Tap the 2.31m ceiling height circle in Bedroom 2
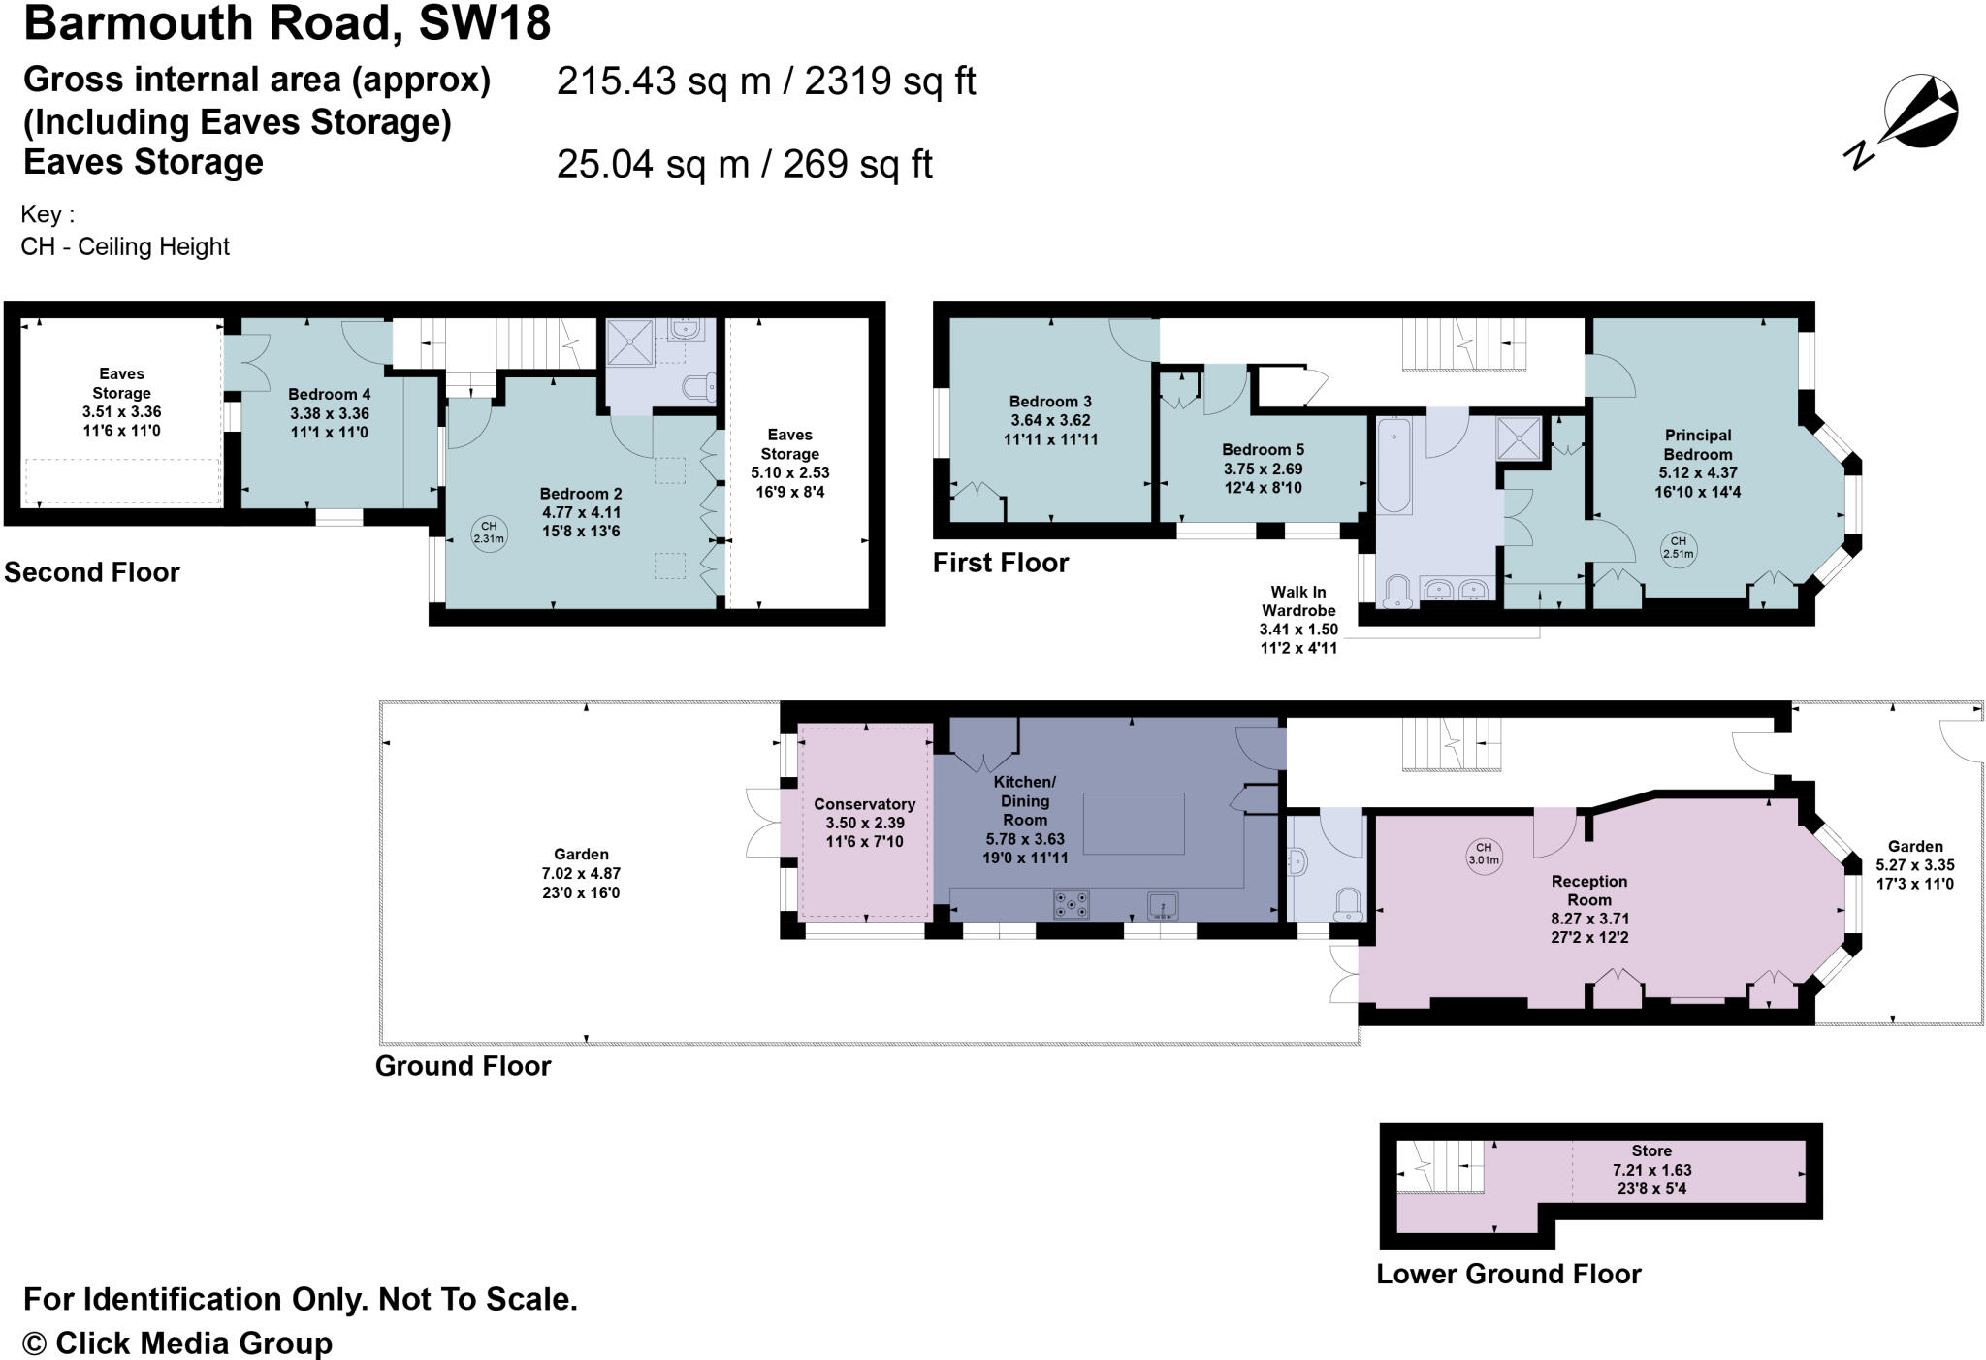pyautogui.click(x=489, y=533)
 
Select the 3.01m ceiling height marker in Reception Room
pyautogui.click(x=1484, y=854)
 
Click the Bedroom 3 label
pyautogui.click(x=1050, y=402)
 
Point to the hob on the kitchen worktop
pyautogui.click(x=1071, y=904)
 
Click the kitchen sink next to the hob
pyautogui.click(x=1163, y=905)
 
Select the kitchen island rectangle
pyautogui.click(x=1134, y=823)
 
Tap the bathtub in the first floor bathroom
pyautogui.click(x=1394, y=466)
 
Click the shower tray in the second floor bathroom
pyautogui.click(x=630, y=341)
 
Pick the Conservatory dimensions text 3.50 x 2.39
pyautogui.click(x=864, y=823)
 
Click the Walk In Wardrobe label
pyautogui.click(x=1298, y=601)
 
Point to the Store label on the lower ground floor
pyautogui.click(x=1651, y=1150)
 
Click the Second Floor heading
pyautogui.click(x=92, y=572)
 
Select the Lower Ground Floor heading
pyautogui.click(x=1508, y=1274)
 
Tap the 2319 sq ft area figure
pyautogui.click(x=889, y=81)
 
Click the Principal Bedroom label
pyautogui.click(x=1697, y=444)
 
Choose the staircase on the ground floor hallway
pyautogui.click(x=1451, y=744)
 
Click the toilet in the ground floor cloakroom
pyautogui.click(x=1349, y=905)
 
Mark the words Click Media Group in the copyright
pyautogui.click(x=194, y=1344)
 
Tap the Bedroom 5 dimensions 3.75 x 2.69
pyautogui.click(x=1262, y=469)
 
